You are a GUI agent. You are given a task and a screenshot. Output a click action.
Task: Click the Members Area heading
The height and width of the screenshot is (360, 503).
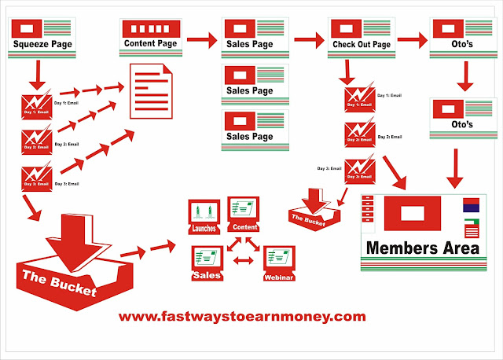click(423, 248)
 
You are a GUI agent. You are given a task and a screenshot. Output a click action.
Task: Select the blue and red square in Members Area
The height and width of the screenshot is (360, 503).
click(472, 207)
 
